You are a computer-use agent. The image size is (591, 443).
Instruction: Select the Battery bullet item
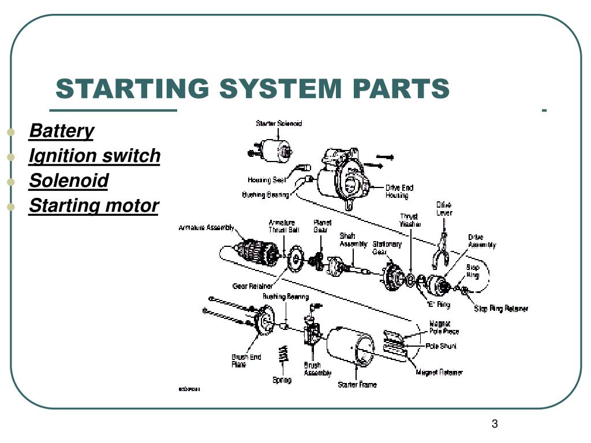coord(61,131)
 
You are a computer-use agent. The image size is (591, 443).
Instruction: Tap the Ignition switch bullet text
coord(95,156)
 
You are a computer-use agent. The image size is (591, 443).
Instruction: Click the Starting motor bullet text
coord(93,205)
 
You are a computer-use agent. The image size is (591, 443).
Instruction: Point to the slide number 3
coord(495,425)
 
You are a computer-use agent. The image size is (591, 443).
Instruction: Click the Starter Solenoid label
coord(279,123)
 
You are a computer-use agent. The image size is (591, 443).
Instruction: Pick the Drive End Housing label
coord(399,192)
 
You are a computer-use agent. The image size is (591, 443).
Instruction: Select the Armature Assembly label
coord(206,227)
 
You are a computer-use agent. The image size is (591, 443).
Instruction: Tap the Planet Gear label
coord(322,226)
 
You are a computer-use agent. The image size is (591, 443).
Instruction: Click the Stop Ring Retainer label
coord(501,309)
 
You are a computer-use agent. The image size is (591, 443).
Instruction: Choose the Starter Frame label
coord(357,385)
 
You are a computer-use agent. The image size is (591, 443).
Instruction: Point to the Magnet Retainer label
coord(439,373)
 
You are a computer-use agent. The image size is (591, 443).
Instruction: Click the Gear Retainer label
coord(252,286)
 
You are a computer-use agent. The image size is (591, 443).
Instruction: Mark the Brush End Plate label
coord(246,361)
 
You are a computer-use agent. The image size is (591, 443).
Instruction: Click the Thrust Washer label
coord(410,220)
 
